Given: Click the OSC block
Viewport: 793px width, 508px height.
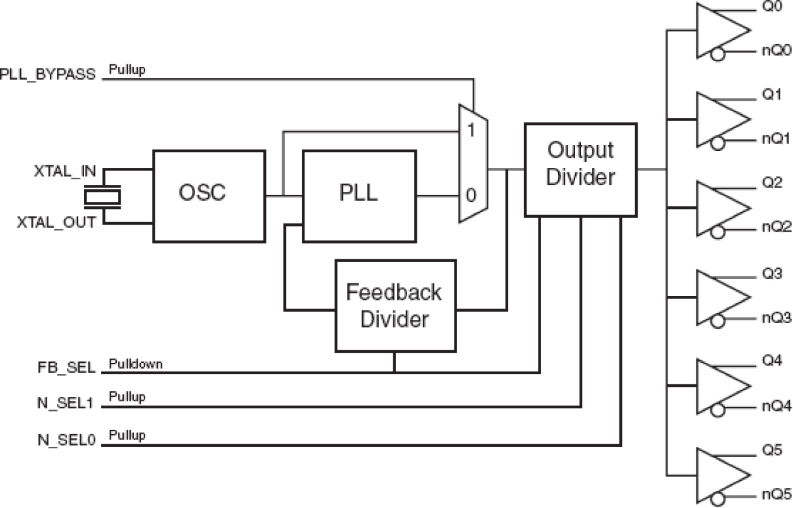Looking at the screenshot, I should click(x=202, y=196).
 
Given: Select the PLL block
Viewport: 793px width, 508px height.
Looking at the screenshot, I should click(x=359, y=196).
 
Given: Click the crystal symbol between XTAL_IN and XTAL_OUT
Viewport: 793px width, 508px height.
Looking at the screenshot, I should click(x=102, y=197).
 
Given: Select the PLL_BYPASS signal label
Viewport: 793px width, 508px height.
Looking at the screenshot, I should click(x=48, y=74).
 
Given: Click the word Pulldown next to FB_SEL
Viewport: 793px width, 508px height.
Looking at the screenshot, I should click(x=135, y=364).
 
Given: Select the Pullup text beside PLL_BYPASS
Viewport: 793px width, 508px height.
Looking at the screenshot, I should click(x=127, y=69).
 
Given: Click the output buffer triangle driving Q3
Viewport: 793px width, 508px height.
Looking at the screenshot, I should click(x=720, y=297).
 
